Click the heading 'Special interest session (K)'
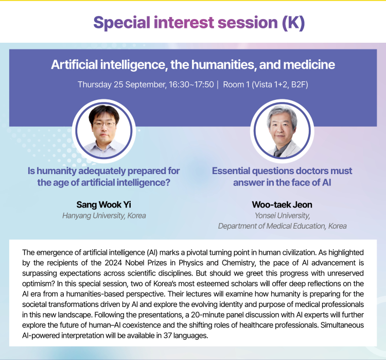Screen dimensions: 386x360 tap(199, 23)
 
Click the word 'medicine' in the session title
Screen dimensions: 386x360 tap(309, 65)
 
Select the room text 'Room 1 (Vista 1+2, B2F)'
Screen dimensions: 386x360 tap(266, 84)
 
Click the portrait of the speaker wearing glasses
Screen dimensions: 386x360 tap(104, 131)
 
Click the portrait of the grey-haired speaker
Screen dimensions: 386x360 tap(282, 131)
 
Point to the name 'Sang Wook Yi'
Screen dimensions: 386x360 tap(103, 204)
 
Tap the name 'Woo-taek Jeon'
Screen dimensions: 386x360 tap(282, 204)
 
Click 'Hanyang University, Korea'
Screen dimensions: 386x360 tap(104, 216)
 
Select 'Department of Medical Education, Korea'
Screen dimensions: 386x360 tap(282, 226)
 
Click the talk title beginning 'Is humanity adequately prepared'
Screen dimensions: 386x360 tap(103, 177)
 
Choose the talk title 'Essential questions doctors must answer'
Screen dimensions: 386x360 tap(282, 177)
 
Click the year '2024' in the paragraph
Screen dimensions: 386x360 tap(113, 263)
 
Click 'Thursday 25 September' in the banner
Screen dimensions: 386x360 tap(122, 84)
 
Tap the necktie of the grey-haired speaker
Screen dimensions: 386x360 tap(278, 153)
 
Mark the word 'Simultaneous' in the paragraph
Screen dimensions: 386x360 tap(342, 325)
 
